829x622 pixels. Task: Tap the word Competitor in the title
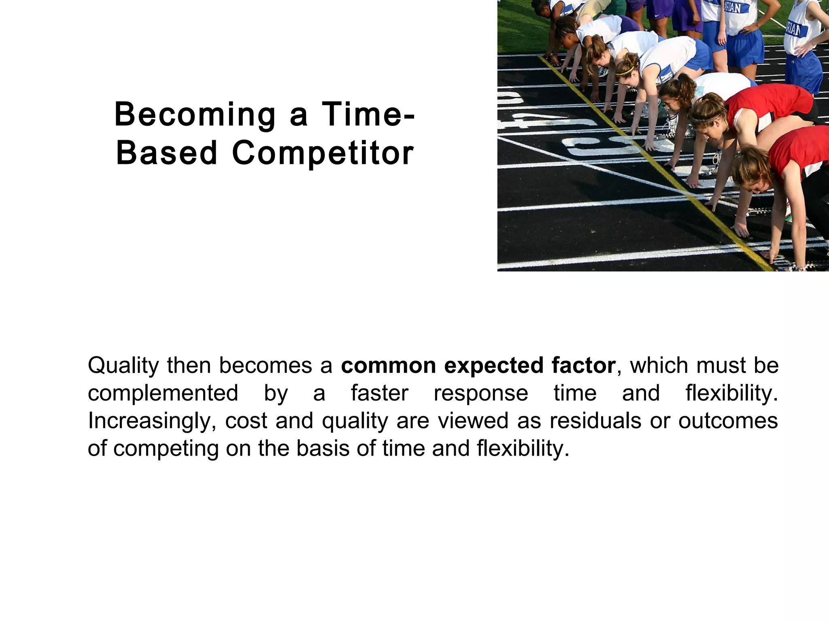tap(323, 153)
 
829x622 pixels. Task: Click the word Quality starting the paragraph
tap(123, 366)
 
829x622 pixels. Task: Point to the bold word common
tap(388, 365)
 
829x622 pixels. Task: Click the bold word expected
tap(493, 366)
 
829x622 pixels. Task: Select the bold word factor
tap(583, 365)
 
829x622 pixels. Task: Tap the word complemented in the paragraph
tap(163, 394)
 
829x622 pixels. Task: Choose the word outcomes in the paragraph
tap(728, 421)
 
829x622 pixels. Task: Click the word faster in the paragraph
tap(379, 393)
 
